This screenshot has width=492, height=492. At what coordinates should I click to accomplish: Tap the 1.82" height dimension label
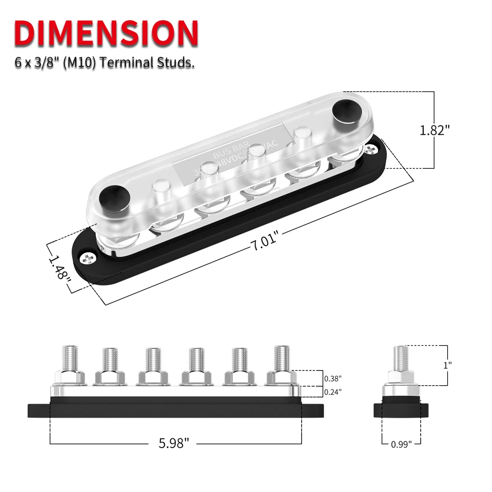pyautogui.click(x=435, y=130)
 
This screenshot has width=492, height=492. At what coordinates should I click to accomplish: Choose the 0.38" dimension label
pyautogui.click(x=333, y=378)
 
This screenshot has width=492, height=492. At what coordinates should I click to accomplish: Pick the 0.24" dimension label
pyautogui.click(x=333, y=392)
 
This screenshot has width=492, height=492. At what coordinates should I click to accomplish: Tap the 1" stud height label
pyautogui.click(x=447, y=365)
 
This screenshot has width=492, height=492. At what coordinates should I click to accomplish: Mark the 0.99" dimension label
pyautogui.click(x=401, y=444)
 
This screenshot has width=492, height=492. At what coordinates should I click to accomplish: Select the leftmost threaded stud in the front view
pyautogui.click(x=69, y=359)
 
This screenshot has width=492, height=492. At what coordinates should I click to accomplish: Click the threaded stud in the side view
pyautogui.click(x=401, y=358)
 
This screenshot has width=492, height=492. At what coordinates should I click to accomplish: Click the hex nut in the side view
pyautogui.click(x=401, y=376)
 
